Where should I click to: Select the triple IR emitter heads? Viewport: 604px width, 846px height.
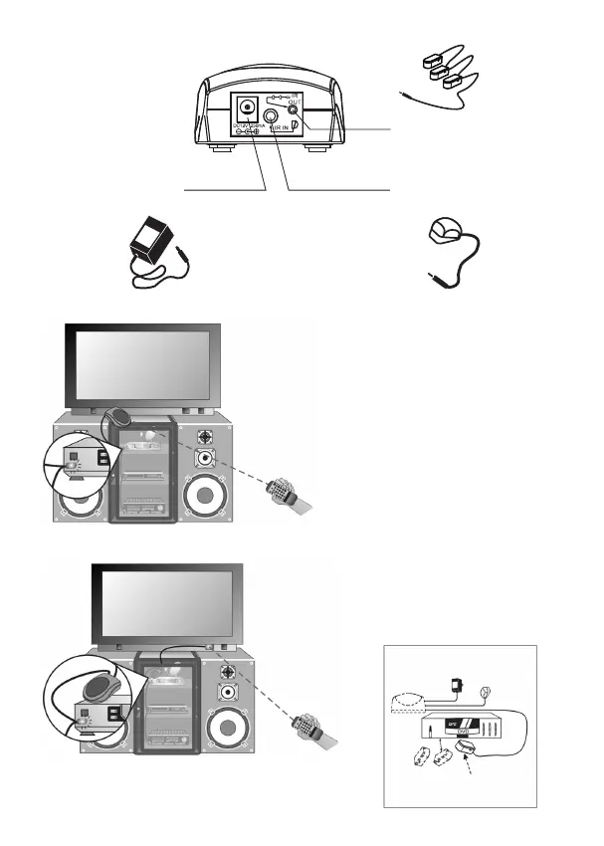446,65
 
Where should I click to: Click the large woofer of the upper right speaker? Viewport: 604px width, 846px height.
206,497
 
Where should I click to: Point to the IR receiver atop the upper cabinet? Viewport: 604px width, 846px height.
121,414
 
